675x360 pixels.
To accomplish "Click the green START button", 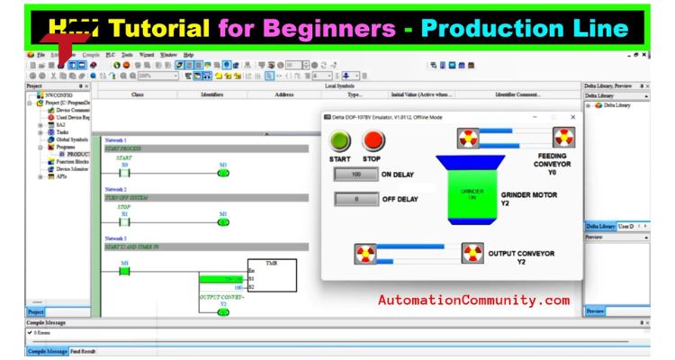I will tap(340, 142).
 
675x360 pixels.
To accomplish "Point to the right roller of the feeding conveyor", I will tap(563, 138).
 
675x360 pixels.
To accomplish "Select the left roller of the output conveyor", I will tap(367, 254).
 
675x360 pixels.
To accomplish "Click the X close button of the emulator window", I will tap(572, 117).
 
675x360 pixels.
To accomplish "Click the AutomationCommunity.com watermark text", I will tap(473, 300).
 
